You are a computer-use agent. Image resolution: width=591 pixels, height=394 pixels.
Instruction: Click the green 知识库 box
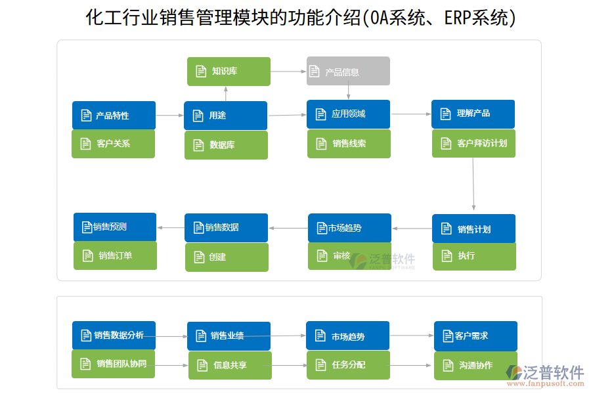click(x=229, y=71)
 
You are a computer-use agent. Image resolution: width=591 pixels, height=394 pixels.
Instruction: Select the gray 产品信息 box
click(x=348, y=71)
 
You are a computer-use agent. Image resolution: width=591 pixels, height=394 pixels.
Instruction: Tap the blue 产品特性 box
click(x=114, y=115)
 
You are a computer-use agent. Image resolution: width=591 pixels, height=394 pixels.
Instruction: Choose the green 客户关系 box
click(x=113, y=144)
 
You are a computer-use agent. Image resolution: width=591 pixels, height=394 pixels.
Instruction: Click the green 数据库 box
click(x=226, y=145)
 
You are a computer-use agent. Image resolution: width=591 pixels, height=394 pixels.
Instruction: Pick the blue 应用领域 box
click(x=348, y=114)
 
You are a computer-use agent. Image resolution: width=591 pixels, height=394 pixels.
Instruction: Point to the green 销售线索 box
click(x=349, y=144)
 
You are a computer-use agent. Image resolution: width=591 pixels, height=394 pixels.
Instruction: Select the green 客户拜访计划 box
click(x=473, y=143)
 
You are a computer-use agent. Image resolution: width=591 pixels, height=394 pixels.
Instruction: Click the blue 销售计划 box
click(x=473, y=229)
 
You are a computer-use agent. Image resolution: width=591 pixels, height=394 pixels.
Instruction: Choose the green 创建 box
click(x=226, y=257)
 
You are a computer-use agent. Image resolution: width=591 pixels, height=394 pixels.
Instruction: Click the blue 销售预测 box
click(x=115, y=227)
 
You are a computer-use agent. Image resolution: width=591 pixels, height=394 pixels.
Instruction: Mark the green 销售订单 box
click(x=115, y=255)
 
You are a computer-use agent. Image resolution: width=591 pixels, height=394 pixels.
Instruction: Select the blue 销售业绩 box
click(x=229, y=336)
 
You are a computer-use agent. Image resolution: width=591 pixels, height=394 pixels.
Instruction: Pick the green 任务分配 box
click(x=348, y=364)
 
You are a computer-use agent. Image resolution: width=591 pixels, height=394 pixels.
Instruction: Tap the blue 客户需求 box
click(x=475, y=336)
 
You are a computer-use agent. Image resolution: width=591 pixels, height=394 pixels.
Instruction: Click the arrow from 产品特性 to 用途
click(x=169, y=116)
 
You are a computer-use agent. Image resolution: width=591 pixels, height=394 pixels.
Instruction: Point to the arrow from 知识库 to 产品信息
click(x=288, y=71)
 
